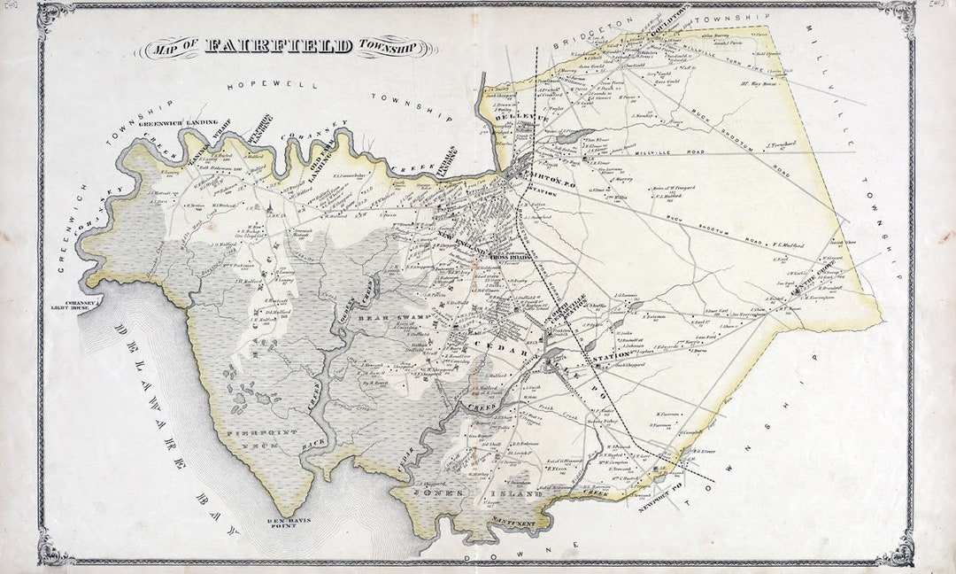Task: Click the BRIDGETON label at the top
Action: coord(584,35)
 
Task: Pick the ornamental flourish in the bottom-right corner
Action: coord(898,547)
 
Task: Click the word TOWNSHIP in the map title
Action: coord(396,48)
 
